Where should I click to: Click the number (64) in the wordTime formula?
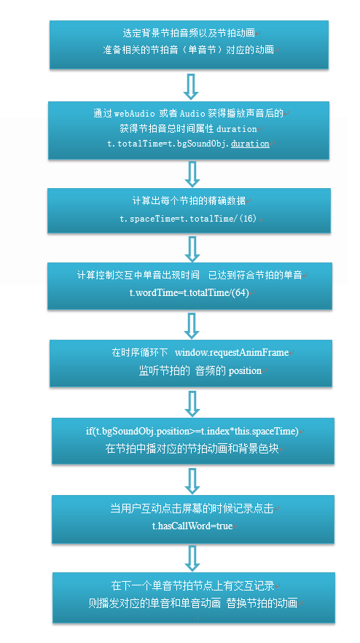coord(240,293)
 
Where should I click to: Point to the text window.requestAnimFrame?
coord(232,353)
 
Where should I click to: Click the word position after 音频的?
coord(245,371)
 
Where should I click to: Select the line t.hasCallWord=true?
coord(192,526)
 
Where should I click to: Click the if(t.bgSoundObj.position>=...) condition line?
coord(192,432)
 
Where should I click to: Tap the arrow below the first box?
coord(192,86)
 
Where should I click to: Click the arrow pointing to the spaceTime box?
coord(192,174)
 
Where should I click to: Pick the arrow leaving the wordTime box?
coord(192,325)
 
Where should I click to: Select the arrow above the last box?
coord(192,558)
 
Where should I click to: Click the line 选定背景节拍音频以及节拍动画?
coord(189,33)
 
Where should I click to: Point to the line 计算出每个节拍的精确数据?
coord(189,201)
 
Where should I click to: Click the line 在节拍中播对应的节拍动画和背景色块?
coord(192,448)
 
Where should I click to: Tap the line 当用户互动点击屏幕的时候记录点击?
coord(192,509)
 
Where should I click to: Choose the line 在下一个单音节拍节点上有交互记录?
coord(192,585)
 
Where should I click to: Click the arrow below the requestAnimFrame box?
coord(192,404)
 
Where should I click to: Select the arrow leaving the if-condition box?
coord(192,480)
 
